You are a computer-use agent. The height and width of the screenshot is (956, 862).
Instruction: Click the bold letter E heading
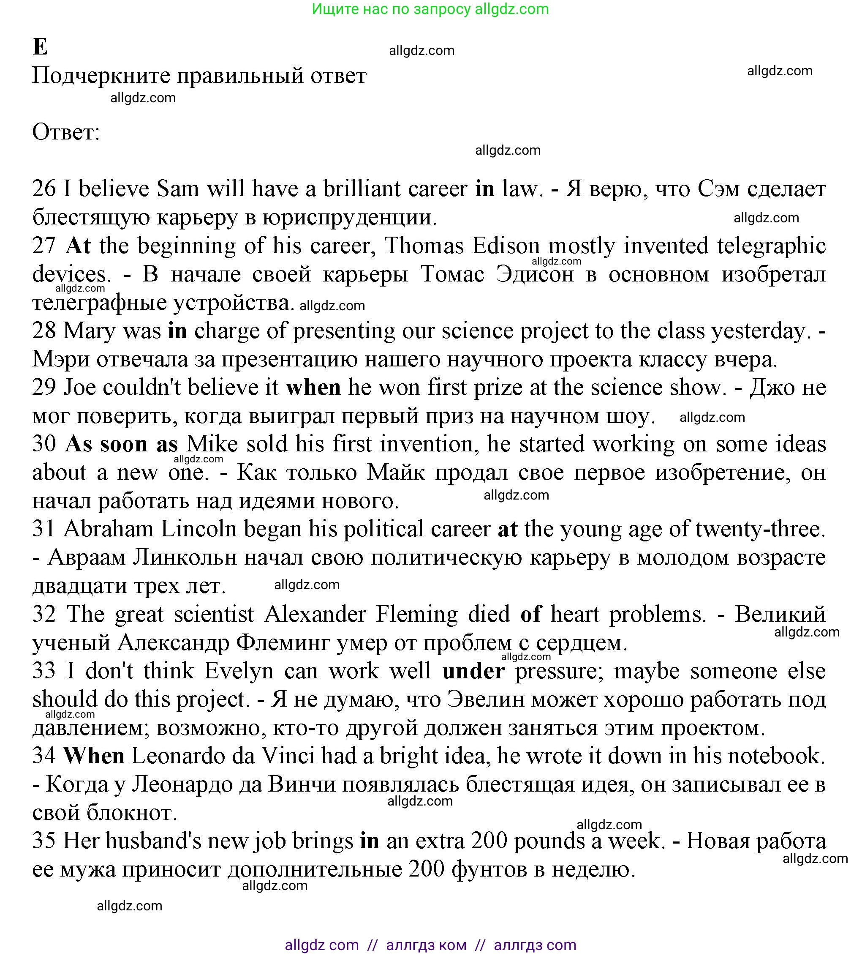pyautogui.click(x=40, y=47)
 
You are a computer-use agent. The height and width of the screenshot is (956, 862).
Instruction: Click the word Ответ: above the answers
pyautogui.click(x=66, y=132)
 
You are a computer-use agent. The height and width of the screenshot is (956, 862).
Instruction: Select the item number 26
pyautogui.click(x=44, y=188)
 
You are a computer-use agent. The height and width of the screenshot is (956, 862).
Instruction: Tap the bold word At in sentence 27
pyautogui.click(x=78, y=246)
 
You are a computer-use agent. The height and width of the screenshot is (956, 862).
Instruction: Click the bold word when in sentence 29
pyautogui.click(x=313, y=387)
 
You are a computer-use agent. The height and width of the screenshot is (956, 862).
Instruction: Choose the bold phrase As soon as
pyautogui.click(x=122, y=444)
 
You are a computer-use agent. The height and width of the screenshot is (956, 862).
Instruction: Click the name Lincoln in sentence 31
pyautogui.click(x=198, y=529)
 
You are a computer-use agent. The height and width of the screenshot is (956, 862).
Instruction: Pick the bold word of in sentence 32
pyautogui.click(x=530, y=614)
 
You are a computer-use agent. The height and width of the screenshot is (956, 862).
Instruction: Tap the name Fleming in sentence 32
pyautogui.click(x=417, y=614)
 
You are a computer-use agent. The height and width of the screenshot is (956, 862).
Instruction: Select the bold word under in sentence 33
pyautogui.click(x=473, y=671)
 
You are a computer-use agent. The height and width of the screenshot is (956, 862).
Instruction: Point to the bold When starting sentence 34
pyautogui.click(x=94, y=756)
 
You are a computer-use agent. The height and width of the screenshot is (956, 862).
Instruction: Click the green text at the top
pyautogui.click(x=430, y=9)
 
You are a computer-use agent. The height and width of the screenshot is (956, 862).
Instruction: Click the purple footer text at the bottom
pyautogui.click(x=430, y=945)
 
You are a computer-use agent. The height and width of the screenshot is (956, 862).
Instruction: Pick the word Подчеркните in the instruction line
pyautogui.click(x=101, y=75)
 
